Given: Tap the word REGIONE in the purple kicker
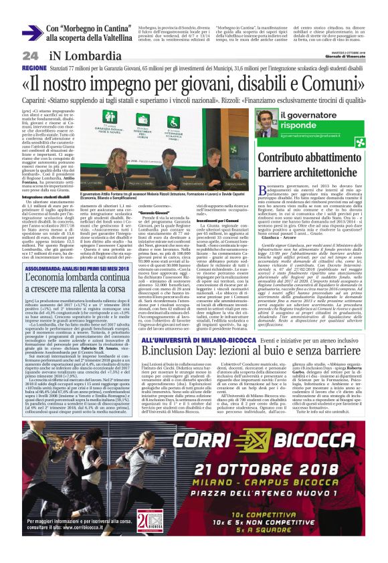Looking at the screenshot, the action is coord(34,68).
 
